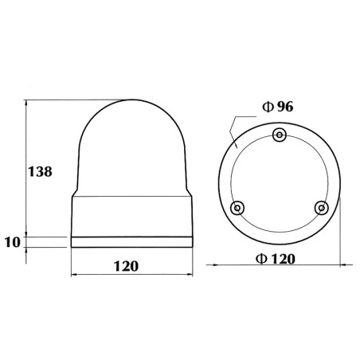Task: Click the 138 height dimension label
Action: tap(41, 171)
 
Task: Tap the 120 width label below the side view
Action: tap(132, 266)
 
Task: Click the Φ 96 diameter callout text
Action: tap(278, 107)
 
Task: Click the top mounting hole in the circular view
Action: tap(279, 135)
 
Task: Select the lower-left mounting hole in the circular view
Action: tap(237, 208)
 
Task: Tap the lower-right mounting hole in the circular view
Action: tap(321, 208)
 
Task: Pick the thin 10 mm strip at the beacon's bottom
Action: tap(132, 241)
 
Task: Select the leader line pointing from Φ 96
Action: tap(233, 131)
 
